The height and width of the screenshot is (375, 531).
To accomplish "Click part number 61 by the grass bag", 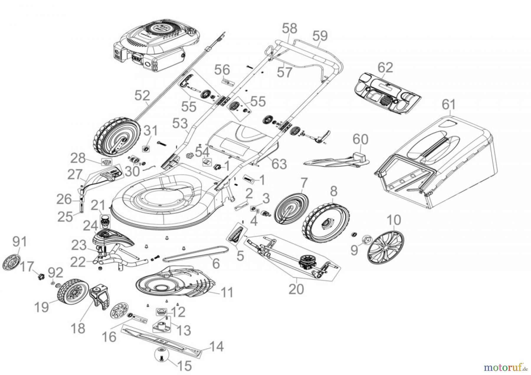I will pyautogui.click(x=448, y=105).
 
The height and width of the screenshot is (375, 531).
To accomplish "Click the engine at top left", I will pyautogui.click(x=153, y=47).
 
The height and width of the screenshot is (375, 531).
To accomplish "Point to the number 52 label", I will pyautogui.click(x=142, y=96).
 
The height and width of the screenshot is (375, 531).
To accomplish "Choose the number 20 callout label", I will pyautogui.click(x=296, y=289).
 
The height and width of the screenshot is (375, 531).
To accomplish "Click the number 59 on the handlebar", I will pyautogui.click(x=320, y=36).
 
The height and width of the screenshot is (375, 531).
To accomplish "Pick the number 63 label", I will pyautogui.click(x=279, y=164).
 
